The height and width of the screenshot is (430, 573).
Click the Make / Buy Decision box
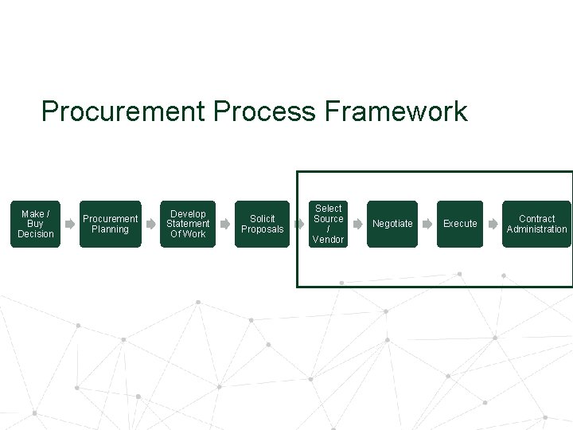(35, 224)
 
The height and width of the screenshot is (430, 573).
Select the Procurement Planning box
(110, 224)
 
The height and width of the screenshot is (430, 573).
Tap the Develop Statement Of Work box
(188, 224)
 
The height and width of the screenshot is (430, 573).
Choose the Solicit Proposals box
(262, 224)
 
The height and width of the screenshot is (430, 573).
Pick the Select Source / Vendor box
(328, 224)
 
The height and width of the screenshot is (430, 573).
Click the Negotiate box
(392, 224)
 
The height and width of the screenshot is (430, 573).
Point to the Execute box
(460, 224)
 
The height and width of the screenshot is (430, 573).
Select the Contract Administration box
(536, 224)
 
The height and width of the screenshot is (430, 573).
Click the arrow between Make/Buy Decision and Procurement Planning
(70, 225)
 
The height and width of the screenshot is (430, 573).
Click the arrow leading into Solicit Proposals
(225, 225)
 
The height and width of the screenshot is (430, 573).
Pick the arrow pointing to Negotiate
(358, 225)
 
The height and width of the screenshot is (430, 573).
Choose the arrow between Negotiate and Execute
(427, 225)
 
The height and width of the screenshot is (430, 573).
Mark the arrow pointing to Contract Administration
(493, 225)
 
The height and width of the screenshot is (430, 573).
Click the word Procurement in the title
(123, 111)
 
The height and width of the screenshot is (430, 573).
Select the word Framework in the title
(396, 111)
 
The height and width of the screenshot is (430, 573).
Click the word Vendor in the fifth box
(328, 240)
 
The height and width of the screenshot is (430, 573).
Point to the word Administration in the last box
(536, 229)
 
